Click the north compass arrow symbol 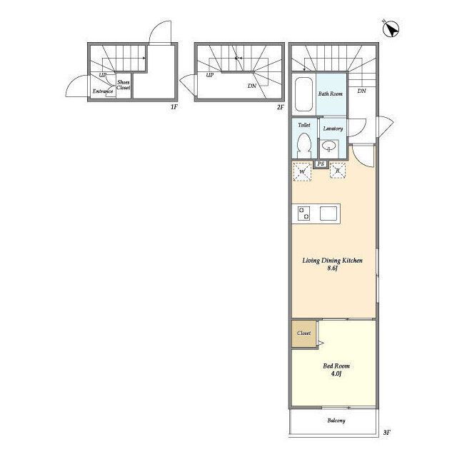(x=391, y=29)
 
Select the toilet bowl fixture (x=304, y=146)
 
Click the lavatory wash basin (x=329, y=146)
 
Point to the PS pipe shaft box (x=321, y=164)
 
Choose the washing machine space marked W (x=302, y=171)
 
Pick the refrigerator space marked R (x=338, y=170)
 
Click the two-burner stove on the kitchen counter (x=303, y=214)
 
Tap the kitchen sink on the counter (x=328, y=214)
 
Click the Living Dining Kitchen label (x=332, y=260)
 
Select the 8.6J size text (x=332, y=268)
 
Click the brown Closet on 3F (x=303, y=333)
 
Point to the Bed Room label (x=336, y=366)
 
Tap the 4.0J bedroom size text (x=336, y=374)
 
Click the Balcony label (x=336, y=421)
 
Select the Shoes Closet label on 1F (x=124, y=85)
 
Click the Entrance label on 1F (x=103, y=91)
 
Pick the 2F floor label (x=280, y=107)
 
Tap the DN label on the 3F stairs (x=361, y=91)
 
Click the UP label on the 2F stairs (x=209, y=75)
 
